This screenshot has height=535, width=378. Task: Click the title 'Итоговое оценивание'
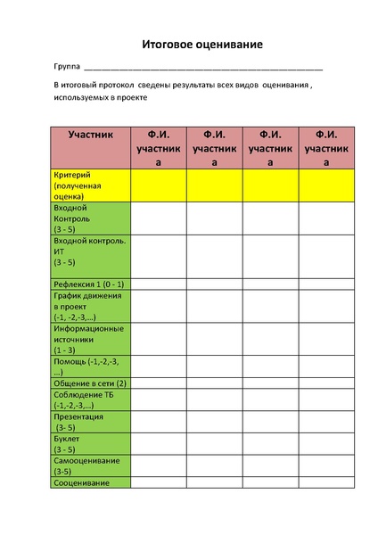tap(201, 44)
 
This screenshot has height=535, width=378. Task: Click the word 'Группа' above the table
tap(67, 67)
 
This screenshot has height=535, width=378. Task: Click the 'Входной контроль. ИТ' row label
tap(89, 251)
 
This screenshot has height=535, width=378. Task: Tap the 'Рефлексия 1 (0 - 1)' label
tap(88, 284)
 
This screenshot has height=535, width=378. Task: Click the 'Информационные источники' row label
tap(88, 339)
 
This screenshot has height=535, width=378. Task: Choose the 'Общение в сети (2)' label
tap(90, 383)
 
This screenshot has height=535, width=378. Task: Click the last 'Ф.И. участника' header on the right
tap(326, 148)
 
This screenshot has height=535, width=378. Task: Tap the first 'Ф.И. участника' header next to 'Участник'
tap(158, 148)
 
